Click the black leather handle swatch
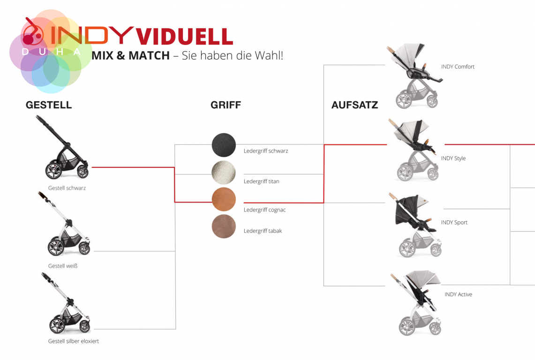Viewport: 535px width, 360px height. pyautogui.click(x=224, y=145)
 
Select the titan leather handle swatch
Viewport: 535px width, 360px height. pyautogui.click(x=224, y=172)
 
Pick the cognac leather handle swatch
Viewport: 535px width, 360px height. pyautogui.click(x=224, y=199)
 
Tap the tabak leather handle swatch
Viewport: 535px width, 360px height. pyautogui.click(x=224, y=226)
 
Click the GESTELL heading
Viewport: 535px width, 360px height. pyautogui.click(x=49, y=105)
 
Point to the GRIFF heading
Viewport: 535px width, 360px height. pyautogui.click(x=226, y=105)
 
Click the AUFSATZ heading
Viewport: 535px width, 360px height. pyautogui.click(x=355, y=105)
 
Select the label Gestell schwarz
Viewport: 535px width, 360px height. pyautogui.click(x=67, y=188)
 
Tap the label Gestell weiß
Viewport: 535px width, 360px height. pyautogui.click(x=63, y=266)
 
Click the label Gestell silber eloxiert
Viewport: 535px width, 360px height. pyautogui.click(x=73, y=341)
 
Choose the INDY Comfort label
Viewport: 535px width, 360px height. pyautogui.click(x=458, y=67)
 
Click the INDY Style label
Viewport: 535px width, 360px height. pyautogui.click(x=453, y=158)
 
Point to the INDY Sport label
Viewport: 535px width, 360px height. pyautogui.click(x=454, y=223)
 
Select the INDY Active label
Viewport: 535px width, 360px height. pyautogui.click(x=458, y=294)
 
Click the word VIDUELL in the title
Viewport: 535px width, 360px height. pyautogui.click(x=185, y=37)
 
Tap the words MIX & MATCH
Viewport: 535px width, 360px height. pyautogui.click(x=131, y=56)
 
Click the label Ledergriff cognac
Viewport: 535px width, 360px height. pyautogui.click(x=264, y=210)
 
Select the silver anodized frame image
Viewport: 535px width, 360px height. pyautogui.click(x=66, y=303)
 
